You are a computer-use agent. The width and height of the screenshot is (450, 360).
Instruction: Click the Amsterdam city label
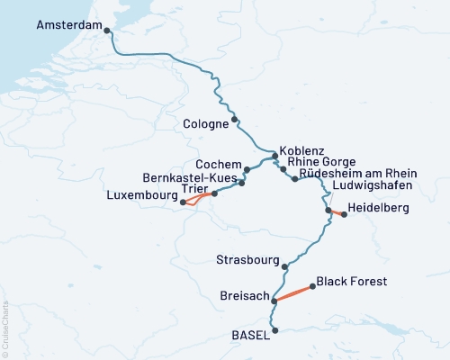68,27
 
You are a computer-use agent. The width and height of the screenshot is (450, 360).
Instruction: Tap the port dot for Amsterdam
108,31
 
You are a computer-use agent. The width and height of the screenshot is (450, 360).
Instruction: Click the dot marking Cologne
235,119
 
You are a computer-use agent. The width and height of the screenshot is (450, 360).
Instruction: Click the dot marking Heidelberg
344,214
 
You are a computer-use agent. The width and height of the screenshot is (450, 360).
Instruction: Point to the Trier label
194,189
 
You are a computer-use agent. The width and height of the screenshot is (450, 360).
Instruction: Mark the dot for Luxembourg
183,202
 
